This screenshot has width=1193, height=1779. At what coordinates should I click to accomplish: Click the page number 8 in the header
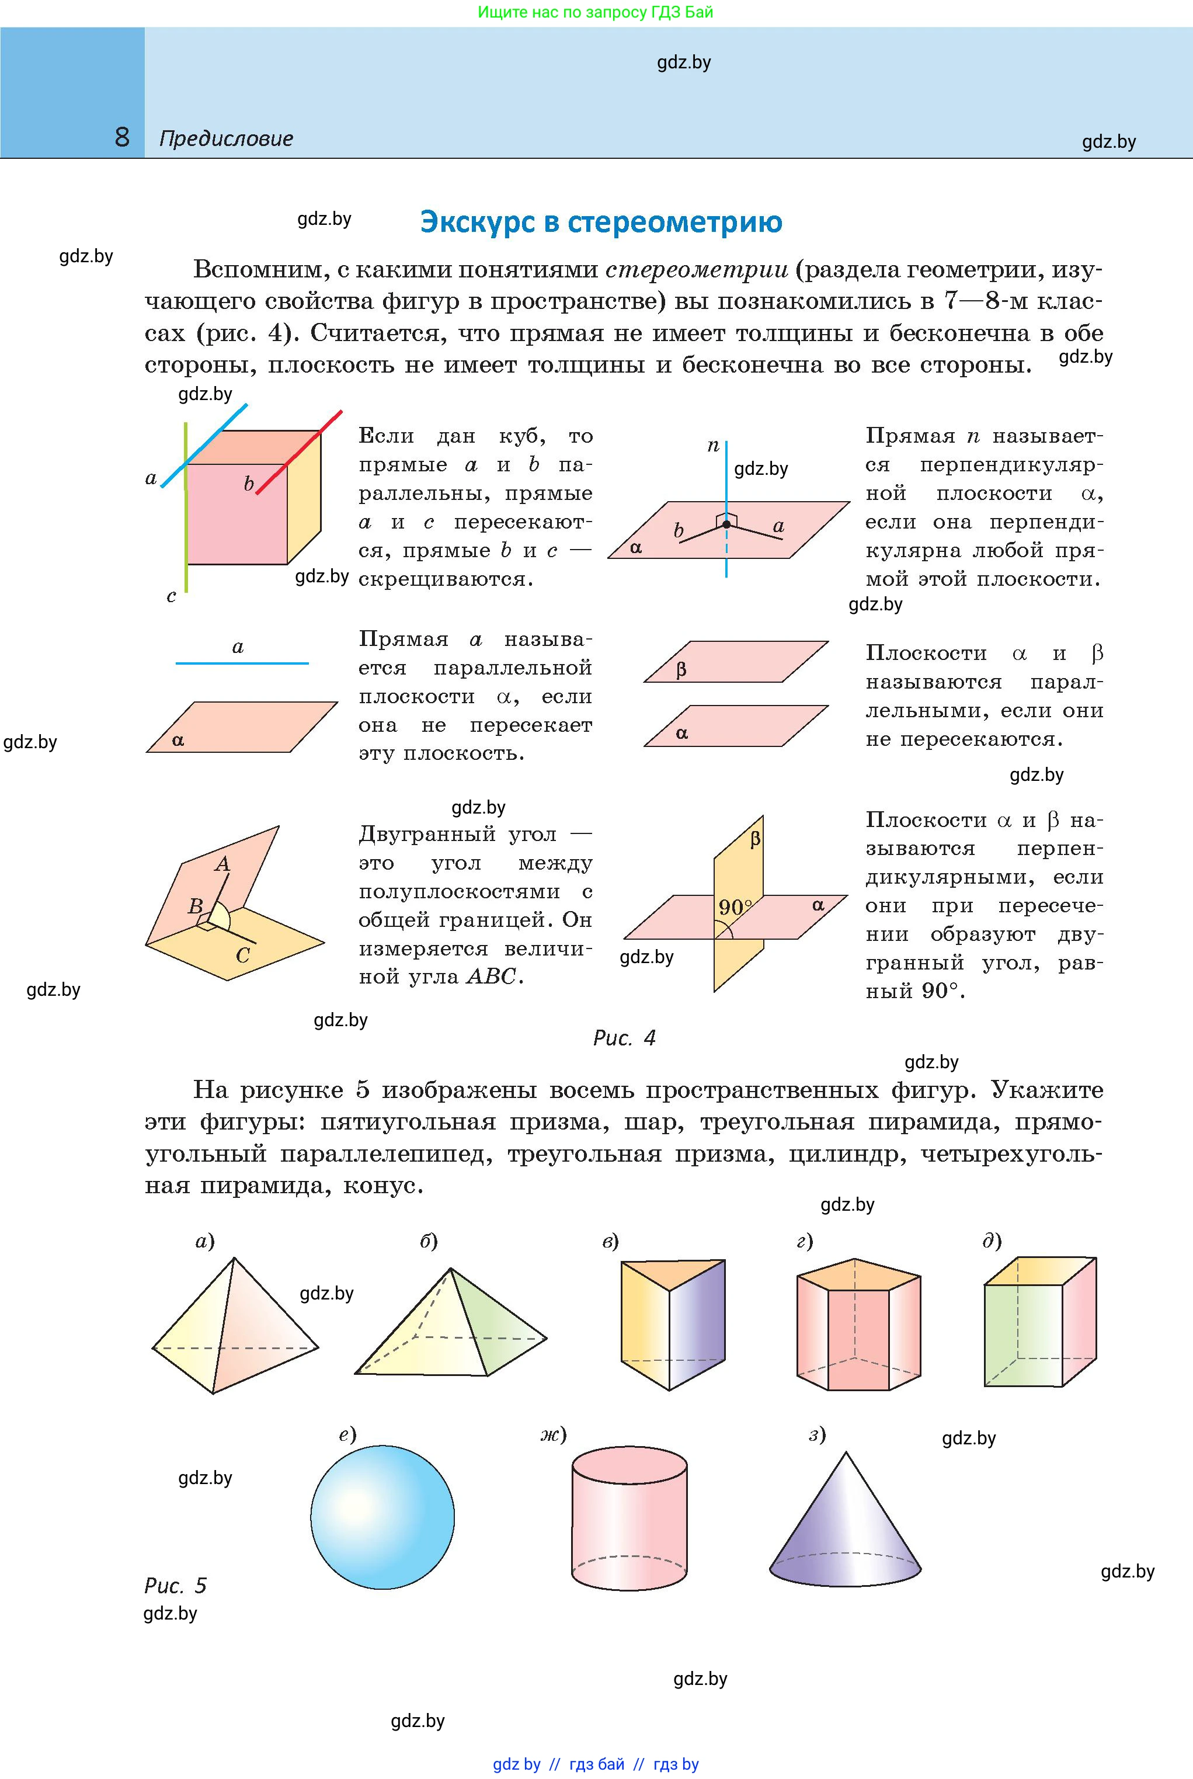[121, 137]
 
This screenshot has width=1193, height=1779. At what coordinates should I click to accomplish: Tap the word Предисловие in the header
[226, 138]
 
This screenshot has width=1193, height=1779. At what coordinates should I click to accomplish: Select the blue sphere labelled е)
[382, 1517]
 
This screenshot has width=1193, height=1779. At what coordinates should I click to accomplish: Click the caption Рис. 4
[624, 1038]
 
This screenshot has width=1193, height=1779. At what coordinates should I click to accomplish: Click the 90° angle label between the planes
[734, 907]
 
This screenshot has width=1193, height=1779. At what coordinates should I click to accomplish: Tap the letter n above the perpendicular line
[713, 446]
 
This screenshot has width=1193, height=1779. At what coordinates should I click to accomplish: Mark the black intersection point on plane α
[726, 524]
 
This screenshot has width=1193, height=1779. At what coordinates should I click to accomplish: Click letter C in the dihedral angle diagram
[243, 955]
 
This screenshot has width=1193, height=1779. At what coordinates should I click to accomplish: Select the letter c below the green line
[171, 596]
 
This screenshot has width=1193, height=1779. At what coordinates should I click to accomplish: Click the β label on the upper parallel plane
[681, 669]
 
